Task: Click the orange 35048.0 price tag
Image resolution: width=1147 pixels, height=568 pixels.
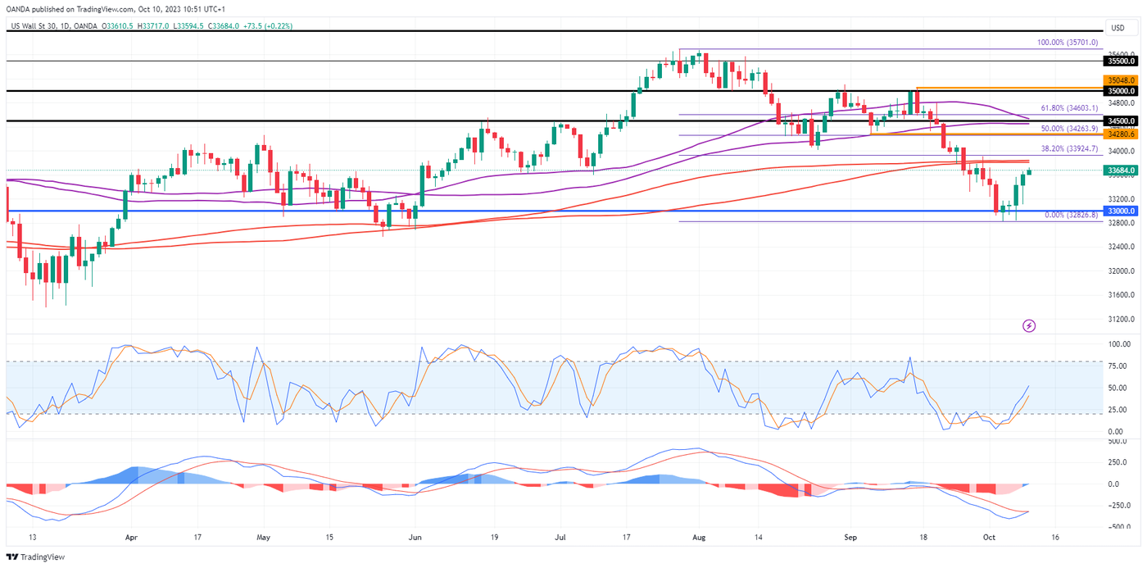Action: click(1120, 80)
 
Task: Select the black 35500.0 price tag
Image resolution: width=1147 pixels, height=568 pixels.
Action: click(1120, 61)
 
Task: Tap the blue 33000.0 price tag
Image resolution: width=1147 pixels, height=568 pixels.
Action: click(1120, 211)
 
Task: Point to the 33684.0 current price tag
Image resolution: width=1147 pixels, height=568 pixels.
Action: click(1120, 170)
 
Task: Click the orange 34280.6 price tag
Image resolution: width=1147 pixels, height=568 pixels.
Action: click(1120, 133)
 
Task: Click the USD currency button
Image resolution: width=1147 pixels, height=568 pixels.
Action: click(1118, 28)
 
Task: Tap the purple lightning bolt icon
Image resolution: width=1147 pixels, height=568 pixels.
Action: click(1029, 325)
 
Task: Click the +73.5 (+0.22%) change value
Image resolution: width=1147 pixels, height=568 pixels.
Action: click(267, 26)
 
